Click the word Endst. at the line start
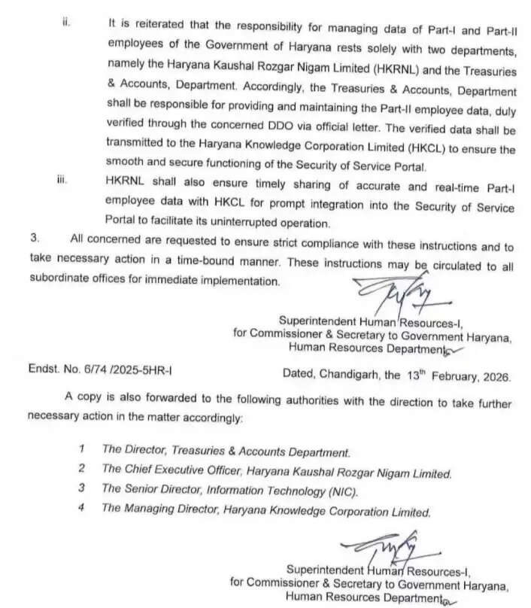coord(44,372)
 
